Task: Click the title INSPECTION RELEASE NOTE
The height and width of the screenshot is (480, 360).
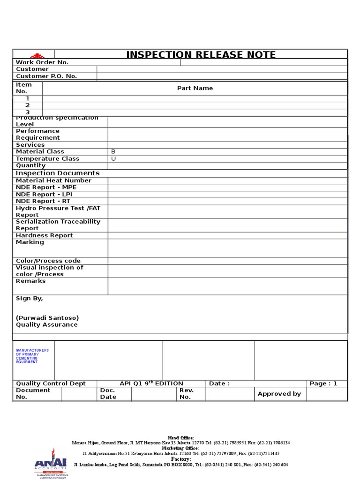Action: pyautogui.click(x=201, y=55)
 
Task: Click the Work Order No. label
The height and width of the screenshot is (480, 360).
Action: pyautogui.click(x=42, y=62)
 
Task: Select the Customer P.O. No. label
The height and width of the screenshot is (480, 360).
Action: pyautogui.click(x=46, y=76)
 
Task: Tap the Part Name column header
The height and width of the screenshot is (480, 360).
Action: pyautogui.click(x=195, y=88)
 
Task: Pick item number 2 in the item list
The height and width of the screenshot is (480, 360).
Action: pyautogui.click(x=28, y=105)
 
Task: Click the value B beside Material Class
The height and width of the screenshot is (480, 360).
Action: pyautogui.click(x=113, y=152)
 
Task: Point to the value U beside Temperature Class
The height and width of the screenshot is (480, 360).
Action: pyautogui.click(x=113, y=159)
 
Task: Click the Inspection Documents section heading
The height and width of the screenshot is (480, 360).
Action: pyautogui.click(x=58, y=173)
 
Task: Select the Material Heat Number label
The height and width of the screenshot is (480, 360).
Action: pyautogui.click(x=53, y=180)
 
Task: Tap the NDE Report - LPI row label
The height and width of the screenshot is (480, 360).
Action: pyautogui.click(x=44, y=194)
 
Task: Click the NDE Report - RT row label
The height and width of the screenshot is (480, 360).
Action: pyautogui.click(x=44, y=201)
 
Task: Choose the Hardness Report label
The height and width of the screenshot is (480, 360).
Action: pyautogui.click(x=44, y=235)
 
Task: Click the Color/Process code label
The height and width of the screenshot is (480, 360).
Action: pyautogui.click(x=48, y=261)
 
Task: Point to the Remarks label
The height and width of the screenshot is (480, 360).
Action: pyautogui.click(x=31, y=281)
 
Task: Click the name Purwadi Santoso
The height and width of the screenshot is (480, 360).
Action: pyautogui.click(x=47, y=317)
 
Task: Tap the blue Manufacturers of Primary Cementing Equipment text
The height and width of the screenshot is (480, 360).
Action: pyautogui.click(x=32, y=356)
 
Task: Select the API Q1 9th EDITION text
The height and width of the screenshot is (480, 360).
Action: pyautogui.click(x=151, y=383)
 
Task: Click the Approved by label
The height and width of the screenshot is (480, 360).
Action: pyautogui.click(x=279, y=394)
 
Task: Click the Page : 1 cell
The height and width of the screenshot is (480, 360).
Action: pyautogui.click(x=323, y=383)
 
